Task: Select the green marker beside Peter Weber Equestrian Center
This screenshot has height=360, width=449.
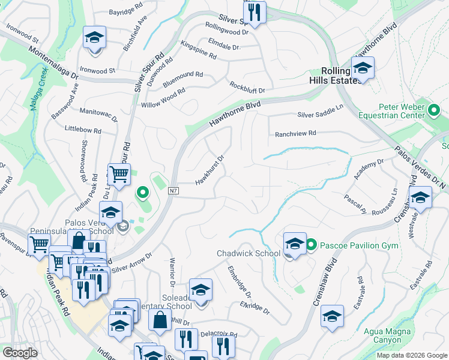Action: click(435, 110)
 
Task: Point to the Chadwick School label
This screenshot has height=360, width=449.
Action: click(249, 253)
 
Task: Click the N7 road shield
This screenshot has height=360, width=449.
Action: click(174, 191)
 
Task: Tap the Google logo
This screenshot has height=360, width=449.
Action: click(20, 353)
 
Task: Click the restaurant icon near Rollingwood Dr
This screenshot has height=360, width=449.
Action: click(255, 13)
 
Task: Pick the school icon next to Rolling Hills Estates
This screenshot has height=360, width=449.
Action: click(363, 70)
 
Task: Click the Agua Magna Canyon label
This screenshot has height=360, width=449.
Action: click(387, 335)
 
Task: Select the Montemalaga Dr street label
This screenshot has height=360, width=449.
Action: click(53, 65)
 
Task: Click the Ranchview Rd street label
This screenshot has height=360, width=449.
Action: click(295, 134)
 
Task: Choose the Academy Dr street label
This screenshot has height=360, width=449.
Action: click(369, 170)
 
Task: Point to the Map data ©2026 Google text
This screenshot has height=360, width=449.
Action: click(411, 355)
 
